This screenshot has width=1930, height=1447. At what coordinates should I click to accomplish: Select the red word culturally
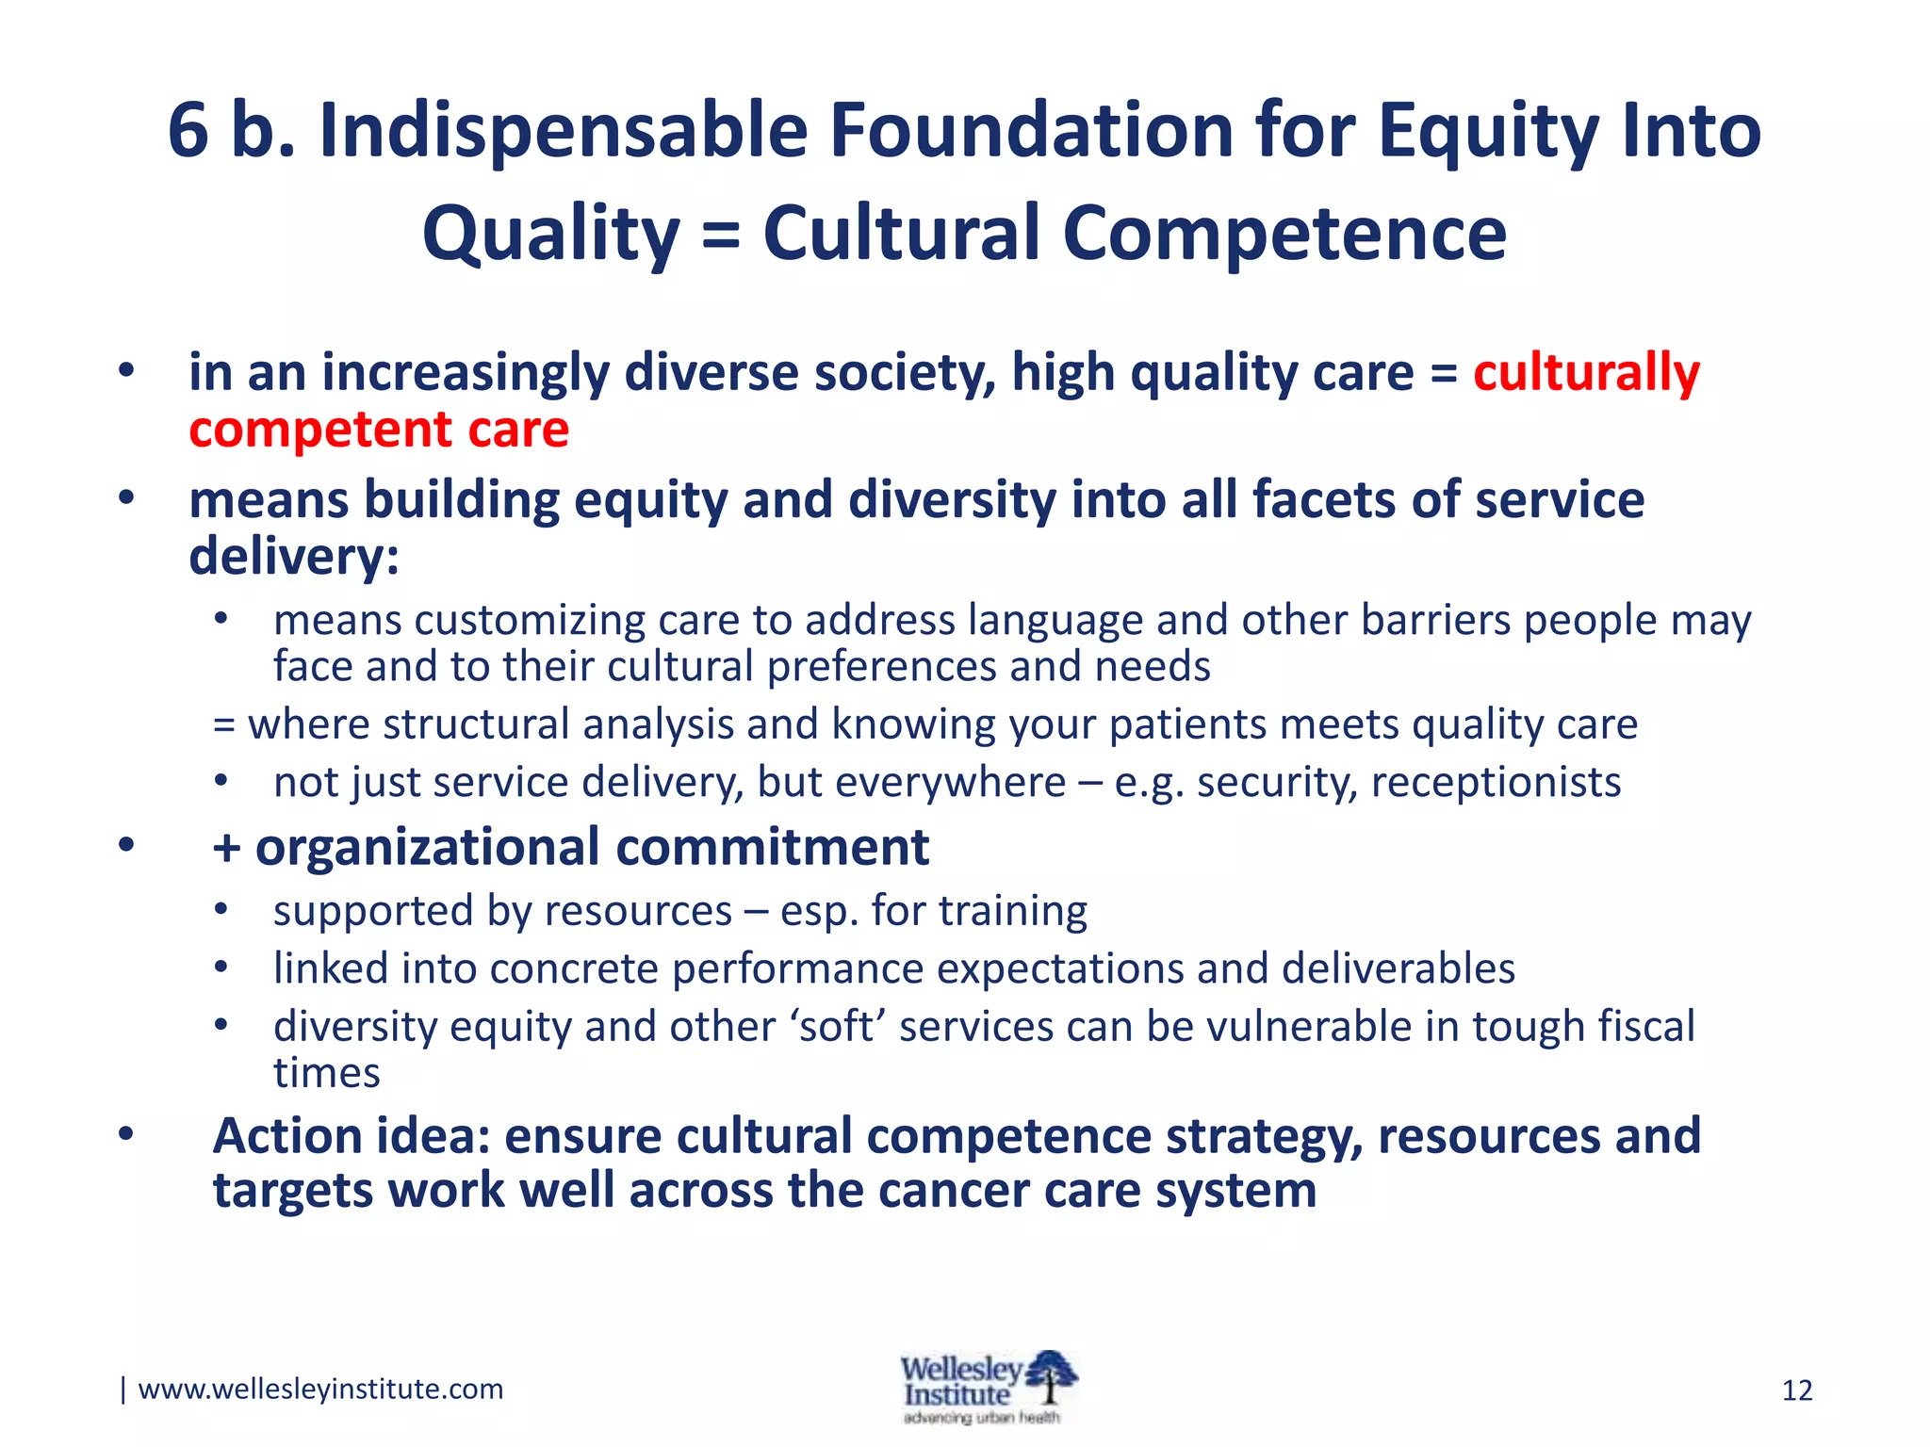tap(1586, 373)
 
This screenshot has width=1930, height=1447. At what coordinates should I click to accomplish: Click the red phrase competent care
tap(379, 431)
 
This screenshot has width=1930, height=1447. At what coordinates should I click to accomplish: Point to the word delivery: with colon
tap(294, 556)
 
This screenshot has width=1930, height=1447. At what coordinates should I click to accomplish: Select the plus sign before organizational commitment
tap(226, 847)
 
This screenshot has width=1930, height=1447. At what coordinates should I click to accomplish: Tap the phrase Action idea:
tap(352, 1136)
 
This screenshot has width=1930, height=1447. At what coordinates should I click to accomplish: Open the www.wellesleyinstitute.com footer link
tap(320, 1390)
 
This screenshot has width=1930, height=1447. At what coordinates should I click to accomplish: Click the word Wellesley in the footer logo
tap(959, 1369)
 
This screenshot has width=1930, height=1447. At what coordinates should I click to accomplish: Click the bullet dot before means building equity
tap(126, 499)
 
